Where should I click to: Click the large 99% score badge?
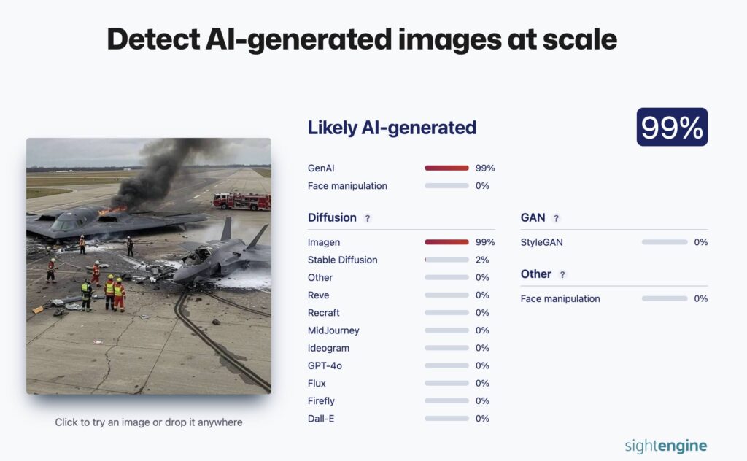coord(672,127)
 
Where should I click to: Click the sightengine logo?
coord(665,446)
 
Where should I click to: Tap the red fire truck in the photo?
coord(242,201)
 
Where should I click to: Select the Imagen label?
coord(324,242)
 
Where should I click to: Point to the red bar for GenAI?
coord(446,168)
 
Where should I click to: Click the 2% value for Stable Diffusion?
coord(482,260)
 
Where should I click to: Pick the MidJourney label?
coord(333,330)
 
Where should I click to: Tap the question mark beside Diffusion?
coord(368,218)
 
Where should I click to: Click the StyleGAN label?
coord(542,242)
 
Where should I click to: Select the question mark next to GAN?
coord(556,218)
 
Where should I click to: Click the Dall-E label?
coord(321,419)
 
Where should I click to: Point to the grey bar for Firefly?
coord(446,401)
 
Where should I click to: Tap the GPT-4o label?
coord(325,365)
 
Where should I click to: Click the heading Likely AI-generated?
coord(392,128)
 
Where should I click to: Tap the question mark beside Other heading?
coord(562,275)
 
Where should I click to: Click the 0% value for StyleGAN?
coord(701,242)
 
